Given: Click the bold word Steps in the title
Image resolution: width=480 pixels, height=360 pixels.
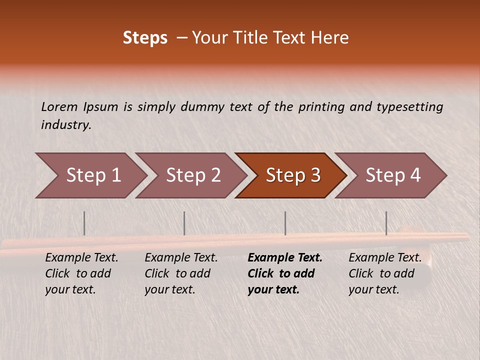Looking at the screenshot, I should [145, 38].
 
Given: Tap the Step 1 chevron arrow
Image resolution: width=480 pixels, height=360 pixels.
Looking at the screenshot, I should [93, 175].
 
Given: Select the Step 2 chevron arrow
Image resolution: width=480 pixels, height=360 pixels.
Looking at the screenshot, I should [193, 175].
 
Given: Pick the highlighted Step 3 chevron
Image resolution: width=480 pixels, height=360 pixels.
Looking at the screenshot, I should [292, 175].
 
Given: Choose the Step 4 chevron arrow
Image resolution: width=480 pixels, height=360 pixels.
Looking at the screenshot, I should [392, 175].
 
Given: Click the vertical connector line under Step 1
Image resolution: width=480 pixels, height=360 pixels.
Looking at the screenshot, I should [84, 223].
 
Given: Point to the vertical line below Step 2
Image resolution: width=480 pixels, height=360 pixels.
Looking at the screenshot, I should [184, 223].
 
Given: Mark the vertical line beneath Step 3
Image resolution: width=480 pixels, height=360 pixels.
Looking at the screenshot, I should [285, 223].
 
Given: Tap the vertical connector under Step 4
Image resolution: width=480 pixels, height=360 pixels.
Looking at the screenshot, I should [386, 223].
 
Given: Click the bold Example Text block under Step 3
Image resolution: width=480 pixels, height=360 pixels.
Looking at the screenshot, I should [285, 273].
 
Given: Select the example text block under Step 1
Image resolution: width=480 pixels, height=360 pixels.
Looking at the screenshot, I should [81, 273].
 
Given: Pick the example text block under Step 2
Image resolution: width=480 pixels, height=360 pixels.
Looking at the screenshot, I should [181, 273].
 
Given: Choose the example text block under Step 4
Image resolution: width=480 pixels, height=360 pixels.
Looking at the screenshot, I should [385, 273].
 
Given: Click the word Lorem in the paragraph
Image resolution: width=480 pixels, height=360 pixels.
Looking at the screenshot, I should [59, 107].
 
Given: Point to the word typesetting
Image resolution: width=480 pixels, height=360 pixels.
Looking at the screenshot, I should [409, 107].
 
